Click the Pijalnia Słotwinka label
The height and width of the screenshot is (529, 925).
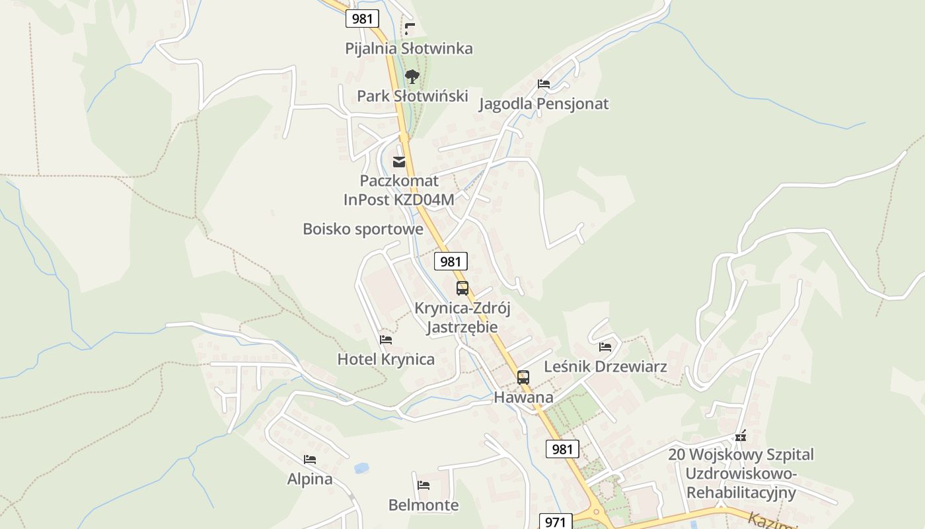click(x=409, y=48)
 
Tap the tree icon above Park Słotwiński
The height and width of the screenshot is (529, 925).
click(x=412, y=77)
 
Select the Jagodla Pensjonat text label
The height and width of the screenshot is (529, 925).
click(x=543, y=104)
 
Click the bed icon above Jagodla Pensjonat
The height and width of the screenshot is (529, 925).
click(x=543, y=84)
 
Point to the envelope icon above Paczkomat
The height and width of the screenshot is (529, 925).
click(x=399, y=162)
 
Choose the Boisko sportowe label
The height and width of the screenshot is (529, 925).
click(x=363, y=229)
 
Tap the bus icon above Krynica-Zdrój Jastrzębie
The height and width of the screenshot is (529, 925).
click(x=462, y=288)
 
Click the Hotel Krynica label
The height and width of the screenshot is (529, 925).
click(x=386, y=359)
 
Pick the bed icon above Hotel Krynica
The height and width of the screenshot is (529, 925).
click(x=386, y=340)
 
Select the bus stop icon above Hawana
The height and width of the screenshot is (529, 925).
click(x=523, y=378)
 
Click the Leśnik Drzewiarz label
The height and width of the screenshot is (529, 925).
click(x=605, y=366)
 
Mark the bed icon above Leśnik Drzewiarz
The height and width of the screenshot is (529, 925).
click(x=605, y=346)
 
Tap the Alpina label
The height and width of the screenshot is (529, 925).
click(x=309, y=479)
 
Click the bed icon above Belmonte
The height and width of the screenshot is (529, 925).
click(x=424, y=485)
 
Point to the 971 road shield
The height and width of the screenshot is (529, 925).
click(x=556, y=522)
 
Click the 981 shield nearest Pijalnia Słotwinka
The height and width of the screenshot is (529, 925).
click(x=362, y=19)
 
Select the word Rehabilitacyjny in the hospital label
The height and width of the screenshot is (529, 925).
click(x=741, y=493)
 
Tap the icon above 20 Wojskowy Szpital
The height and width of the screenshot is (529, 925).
click(x=741, y=436)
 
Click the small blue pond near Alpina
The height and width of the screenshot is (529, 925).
click(x=361, y=468)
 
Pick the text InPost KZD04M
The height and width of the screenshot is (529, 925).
click(x=398, y=200)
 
